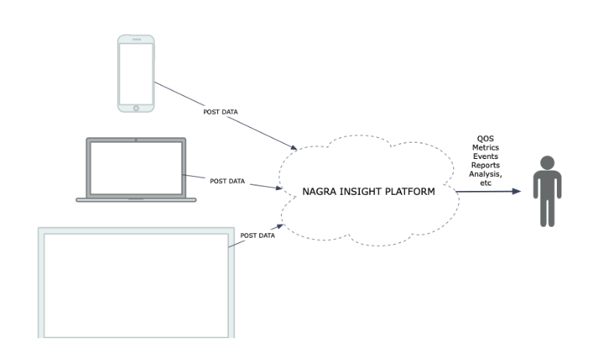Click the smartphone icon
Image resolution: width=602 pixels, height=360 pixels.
[135, 72]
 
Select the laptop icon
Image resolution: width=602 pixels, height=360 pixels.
[136, 171]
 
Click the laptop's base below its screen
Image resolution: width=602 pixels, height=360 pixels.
[136, 199]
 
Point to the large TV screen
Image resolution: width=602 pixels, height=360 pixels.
[136, 281]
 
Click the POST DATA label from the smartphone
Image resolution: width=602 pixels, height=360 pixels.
[220, 112]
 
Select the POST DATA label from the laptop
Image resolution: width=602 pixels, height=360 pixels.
[227, 181]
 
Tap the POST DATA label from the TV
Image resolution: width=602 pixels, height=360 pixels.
[258, 235]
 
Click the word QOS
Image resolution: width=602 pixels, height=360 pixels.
[486, 139]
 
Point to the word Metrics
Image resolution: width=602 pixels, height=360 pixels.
[486, 148]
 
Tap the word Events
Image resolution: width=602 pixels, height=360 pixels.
[486, 157]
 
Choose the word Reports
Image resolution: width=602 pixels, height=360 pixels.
[486, 166]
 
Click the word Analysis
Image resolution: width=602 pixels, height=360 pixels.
[486, 175]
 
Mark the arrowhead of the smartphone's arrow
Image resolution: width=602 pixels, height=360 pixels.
[294, 147]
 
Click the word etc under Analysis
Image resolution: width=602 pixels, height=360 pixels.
[486, 183]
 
